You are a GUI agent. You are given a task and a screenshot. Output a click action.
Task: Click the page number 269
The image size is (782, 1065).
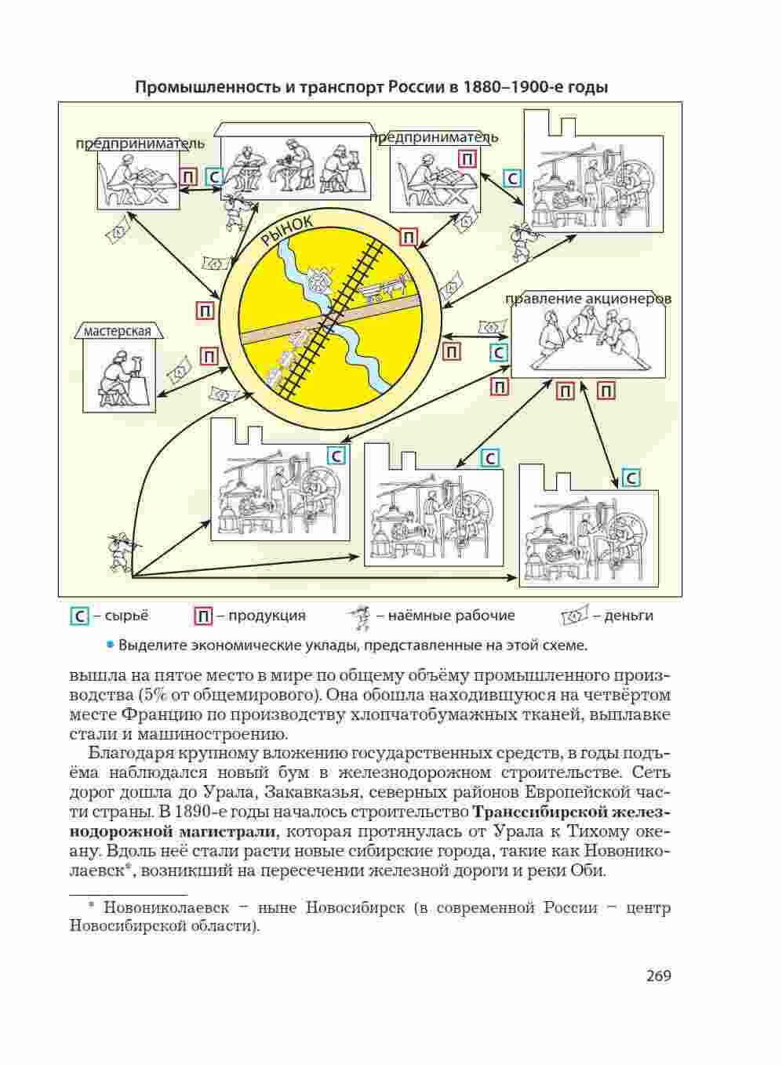[659, 976]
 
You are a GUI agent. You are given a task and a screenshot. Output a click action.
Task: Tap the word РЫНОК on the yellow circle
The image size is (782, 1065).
[287, 233]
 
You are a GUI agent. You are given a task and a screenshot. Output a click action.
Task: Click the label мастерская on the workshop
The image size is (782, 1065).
[118, 331]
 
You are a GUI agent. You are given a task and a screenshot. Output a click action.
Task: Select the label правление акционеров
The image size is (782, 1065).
[588, 299]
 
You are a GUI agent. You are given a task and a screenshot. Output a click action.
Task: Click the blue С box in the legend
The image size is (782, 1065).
[79, 616]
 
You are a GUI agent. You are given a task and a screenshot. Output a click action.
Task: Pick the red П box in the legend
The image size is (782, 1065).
[202, 616]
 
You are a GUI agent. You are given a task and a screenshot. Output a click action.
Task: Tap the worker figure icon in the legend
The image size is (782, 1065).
[361, 617]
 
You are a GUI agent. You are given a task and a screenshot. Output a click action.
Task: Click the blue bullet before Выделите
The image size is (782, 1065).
[111, 645]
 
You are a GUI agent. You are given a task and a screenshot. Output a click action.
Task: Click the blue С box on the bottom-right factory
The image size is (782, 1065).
[631, 478]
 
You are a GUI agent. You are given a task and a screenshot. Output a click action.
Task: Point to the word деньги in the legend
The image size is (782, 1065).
[628, 616]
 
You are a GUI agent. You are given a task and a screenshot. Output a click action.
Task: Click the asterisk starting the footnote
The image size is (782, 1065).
[91, 907]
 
